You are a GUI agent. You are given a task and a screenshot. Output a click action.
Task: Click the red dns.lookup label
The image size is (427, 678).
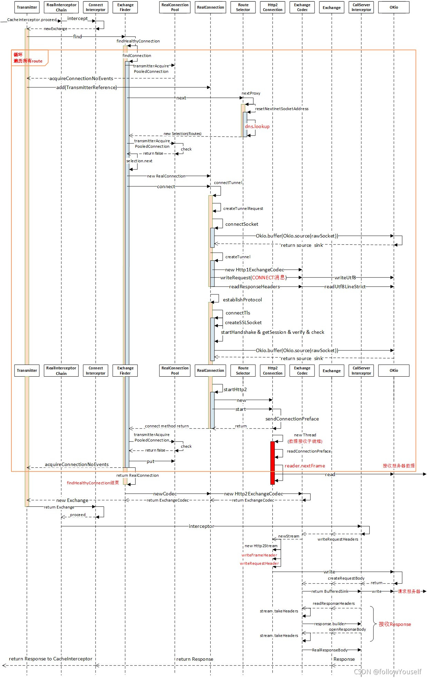click(257, 126)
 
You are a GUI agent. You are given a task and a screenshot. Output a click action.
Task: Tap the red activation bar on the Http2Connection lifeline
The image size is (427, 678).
click(272, 462)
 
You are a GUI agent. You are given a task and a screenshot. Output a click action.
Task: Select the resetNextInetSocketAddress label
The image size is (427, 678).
click(282, 109)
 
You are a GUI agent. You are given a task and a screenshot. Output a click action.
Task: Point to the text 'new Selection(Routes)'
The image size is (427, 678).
click(182, 134)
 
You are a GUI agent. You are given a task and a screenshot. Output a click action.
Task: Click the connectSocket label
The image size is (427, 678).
click(242, 224)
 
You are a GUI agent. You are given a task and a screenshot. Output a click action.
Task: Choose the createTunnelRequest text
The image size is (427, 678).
click(243, 209)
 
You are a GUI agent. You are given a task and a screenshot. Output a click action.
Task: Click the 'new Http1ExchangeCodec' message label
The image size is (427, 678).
click(254, 270)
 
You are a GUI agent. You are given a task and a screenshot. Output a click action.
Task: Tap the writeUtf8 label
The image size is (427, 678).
click(345, 278)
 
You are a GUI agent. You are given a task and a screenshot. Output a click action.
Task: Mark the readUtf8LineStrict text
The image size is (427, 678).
click(344, 287)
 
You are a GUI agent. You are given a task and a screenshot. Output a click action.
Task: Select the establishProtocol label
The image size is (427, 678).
click(242, 300)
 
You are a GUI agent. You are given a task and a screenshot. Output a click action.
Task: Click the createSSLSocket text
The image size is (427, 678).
click(243, 322)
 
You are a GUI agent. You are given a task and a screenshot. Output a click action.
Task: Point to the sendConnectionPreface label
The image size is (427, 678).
click(292, 419)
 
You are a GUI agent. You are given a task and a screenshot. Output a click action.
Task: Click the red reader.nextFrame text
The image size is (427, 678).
click(305, 466)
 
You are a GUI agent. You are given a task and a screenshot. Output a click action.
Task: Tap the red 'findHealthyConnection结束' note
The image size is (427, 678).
click(93, 483)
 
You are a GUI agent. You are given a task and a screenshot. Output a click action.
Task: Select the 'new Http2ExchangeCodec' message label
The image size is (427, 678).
click(253, 494)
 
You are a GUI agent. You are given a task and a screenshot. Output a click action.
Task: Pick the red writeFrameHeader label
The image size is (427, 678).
click(259, 555)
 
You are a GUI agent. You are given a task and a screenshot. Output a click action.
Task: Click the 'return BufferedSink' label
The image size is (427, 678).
click(330, 591)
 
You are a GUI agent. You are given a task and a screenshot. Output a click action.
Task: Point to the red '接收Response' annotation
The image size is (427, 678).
click(395, 624)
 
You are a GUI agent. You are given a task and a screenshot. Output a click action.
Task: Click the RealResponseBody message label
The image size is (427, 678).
click(330, 650)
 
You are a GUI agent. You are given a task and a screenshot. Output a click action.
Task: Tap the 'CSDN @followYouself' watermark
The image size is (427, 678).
click(387, 671)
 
